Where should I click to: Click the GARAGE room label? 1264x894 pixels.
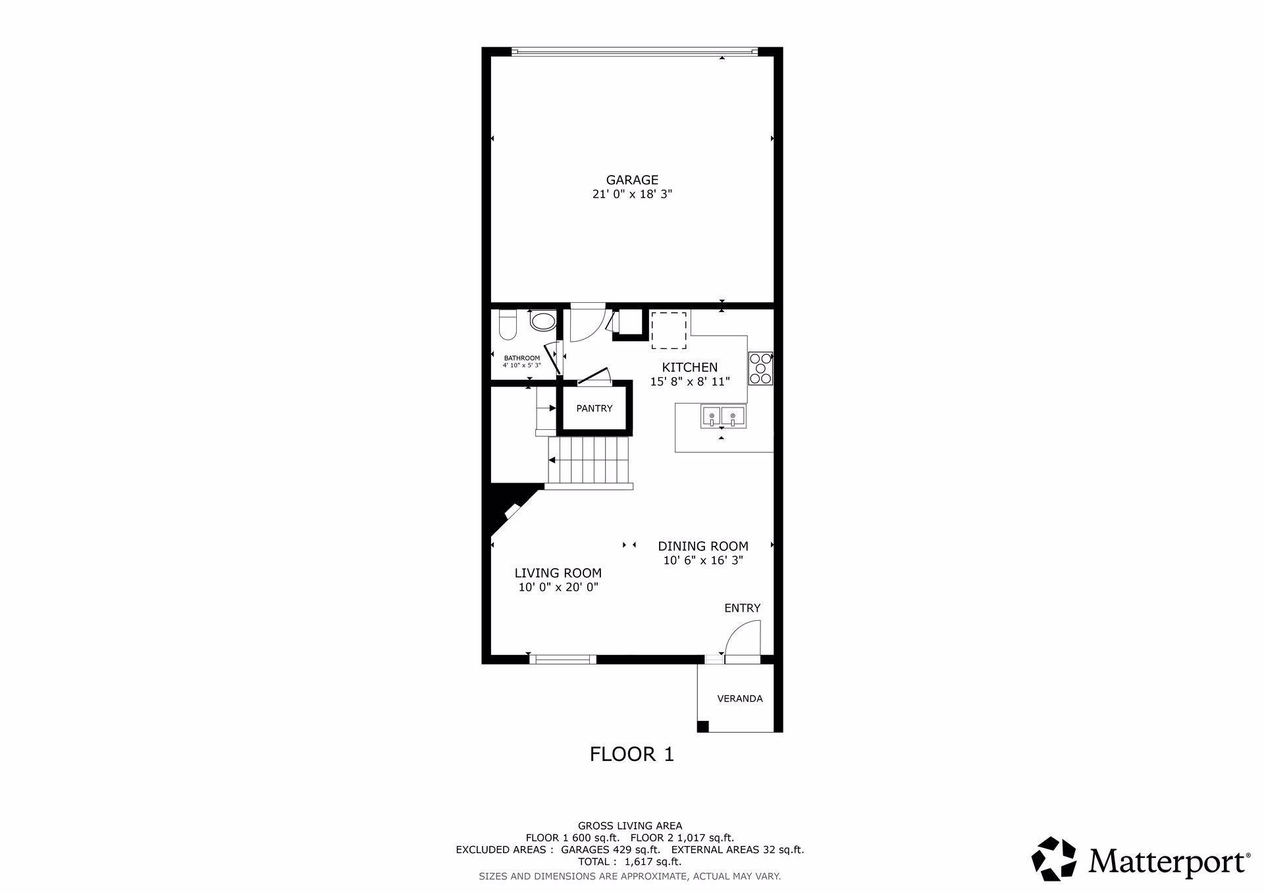tap(632, 180)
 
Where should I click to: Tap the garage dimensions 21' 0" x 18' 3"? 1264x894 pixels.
tap(632, 194)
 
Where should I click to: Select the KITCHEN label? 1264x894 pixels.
tap(690, 367)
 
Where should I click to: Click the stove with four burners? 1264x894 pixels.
tap(760, 369)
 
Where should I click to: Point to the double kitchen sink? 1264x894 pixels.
tap(723, 416)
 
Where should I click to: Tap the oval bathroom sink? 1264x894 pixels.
tap(544, 323)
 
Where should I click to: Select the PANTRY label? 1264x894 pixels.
tap(594, 408)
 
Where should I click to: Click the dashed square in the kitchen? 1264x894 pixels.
tap(669, 330)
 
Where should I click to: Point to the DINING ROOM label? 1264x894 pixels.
tap(703, 546)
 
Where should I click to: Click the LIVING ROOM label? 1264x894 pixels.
tap(558, 573)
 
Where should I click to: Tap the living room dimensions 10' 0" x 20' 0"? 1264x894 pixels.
tap(558, 587)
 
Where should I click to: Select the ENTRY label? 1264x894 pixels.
tap(743, 608)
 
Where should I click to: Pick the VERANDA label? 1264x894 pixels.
tap(740, 698)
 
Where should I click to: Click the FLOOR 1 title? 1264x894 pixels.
tap(632, 754)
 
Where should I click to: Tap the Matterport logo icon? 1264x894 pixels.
tap(1053, 858)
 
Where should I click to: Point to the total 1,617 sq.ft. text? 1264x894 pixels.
tap(630, 862)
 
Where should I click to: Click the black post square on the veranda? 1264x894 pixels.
tap(703, 727)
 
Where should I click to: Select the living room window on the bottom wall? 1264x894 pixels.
tap(563, 659)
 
